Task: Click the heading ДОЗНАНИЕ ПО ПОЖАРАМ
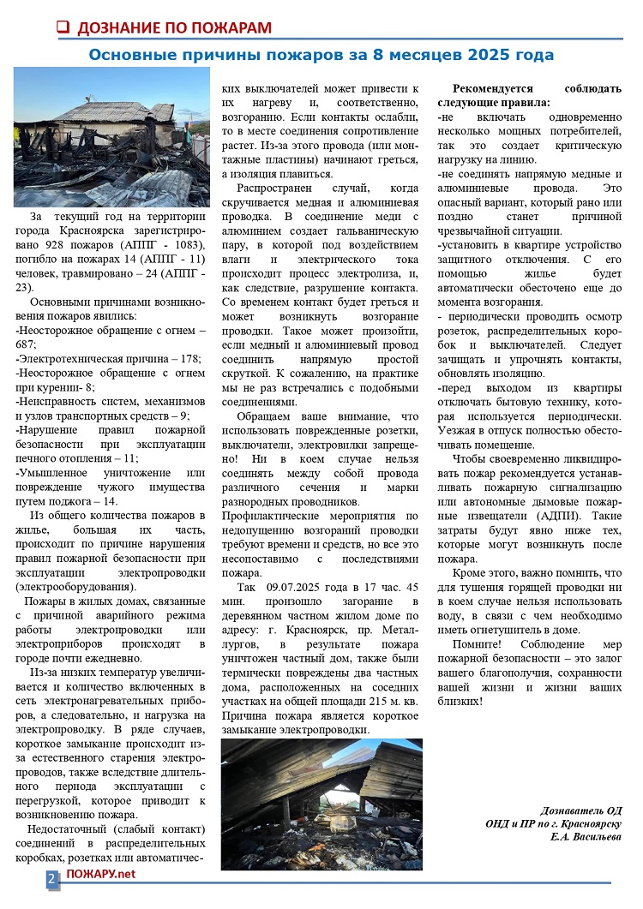pyautogui.click(x=174, y=27)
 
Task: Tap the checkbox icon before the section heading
pyautogui.click(x=62, y=27)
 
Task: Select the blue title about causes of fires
pyautogui.click(x=321, y=55)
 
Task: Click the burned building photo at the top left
pyautogui.click(x=111, y=137)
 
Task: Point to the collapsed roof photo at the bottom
pyautogui.click(x=321, y=804)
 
